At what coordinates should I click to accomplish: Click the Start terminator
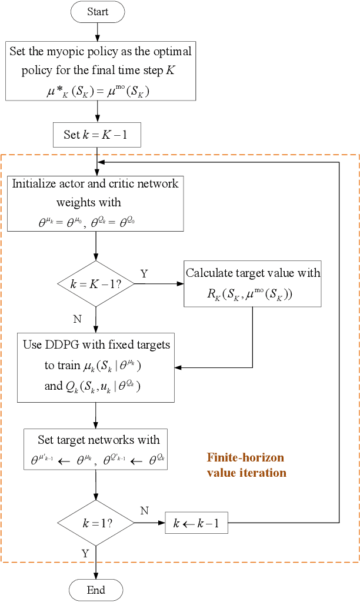click(98, 12)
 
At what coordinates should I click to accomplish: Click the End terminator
click(96, 590)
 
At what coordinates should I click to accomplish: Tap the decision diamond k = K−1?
click(95, 284)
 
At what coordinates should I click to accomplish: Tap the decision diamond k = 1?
click(95, 523)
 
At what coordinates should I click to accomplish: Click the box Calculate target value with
click(253, 283)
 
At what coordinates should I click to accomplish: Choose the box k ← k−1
click(196, 523)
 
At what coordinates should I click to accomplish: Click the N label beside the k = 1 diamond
click(144, 511)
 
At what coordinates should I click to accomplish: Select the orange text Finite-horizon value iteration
click(246, 464)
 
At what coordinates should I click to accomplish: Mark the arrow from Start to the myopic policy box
click(98, 31)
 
